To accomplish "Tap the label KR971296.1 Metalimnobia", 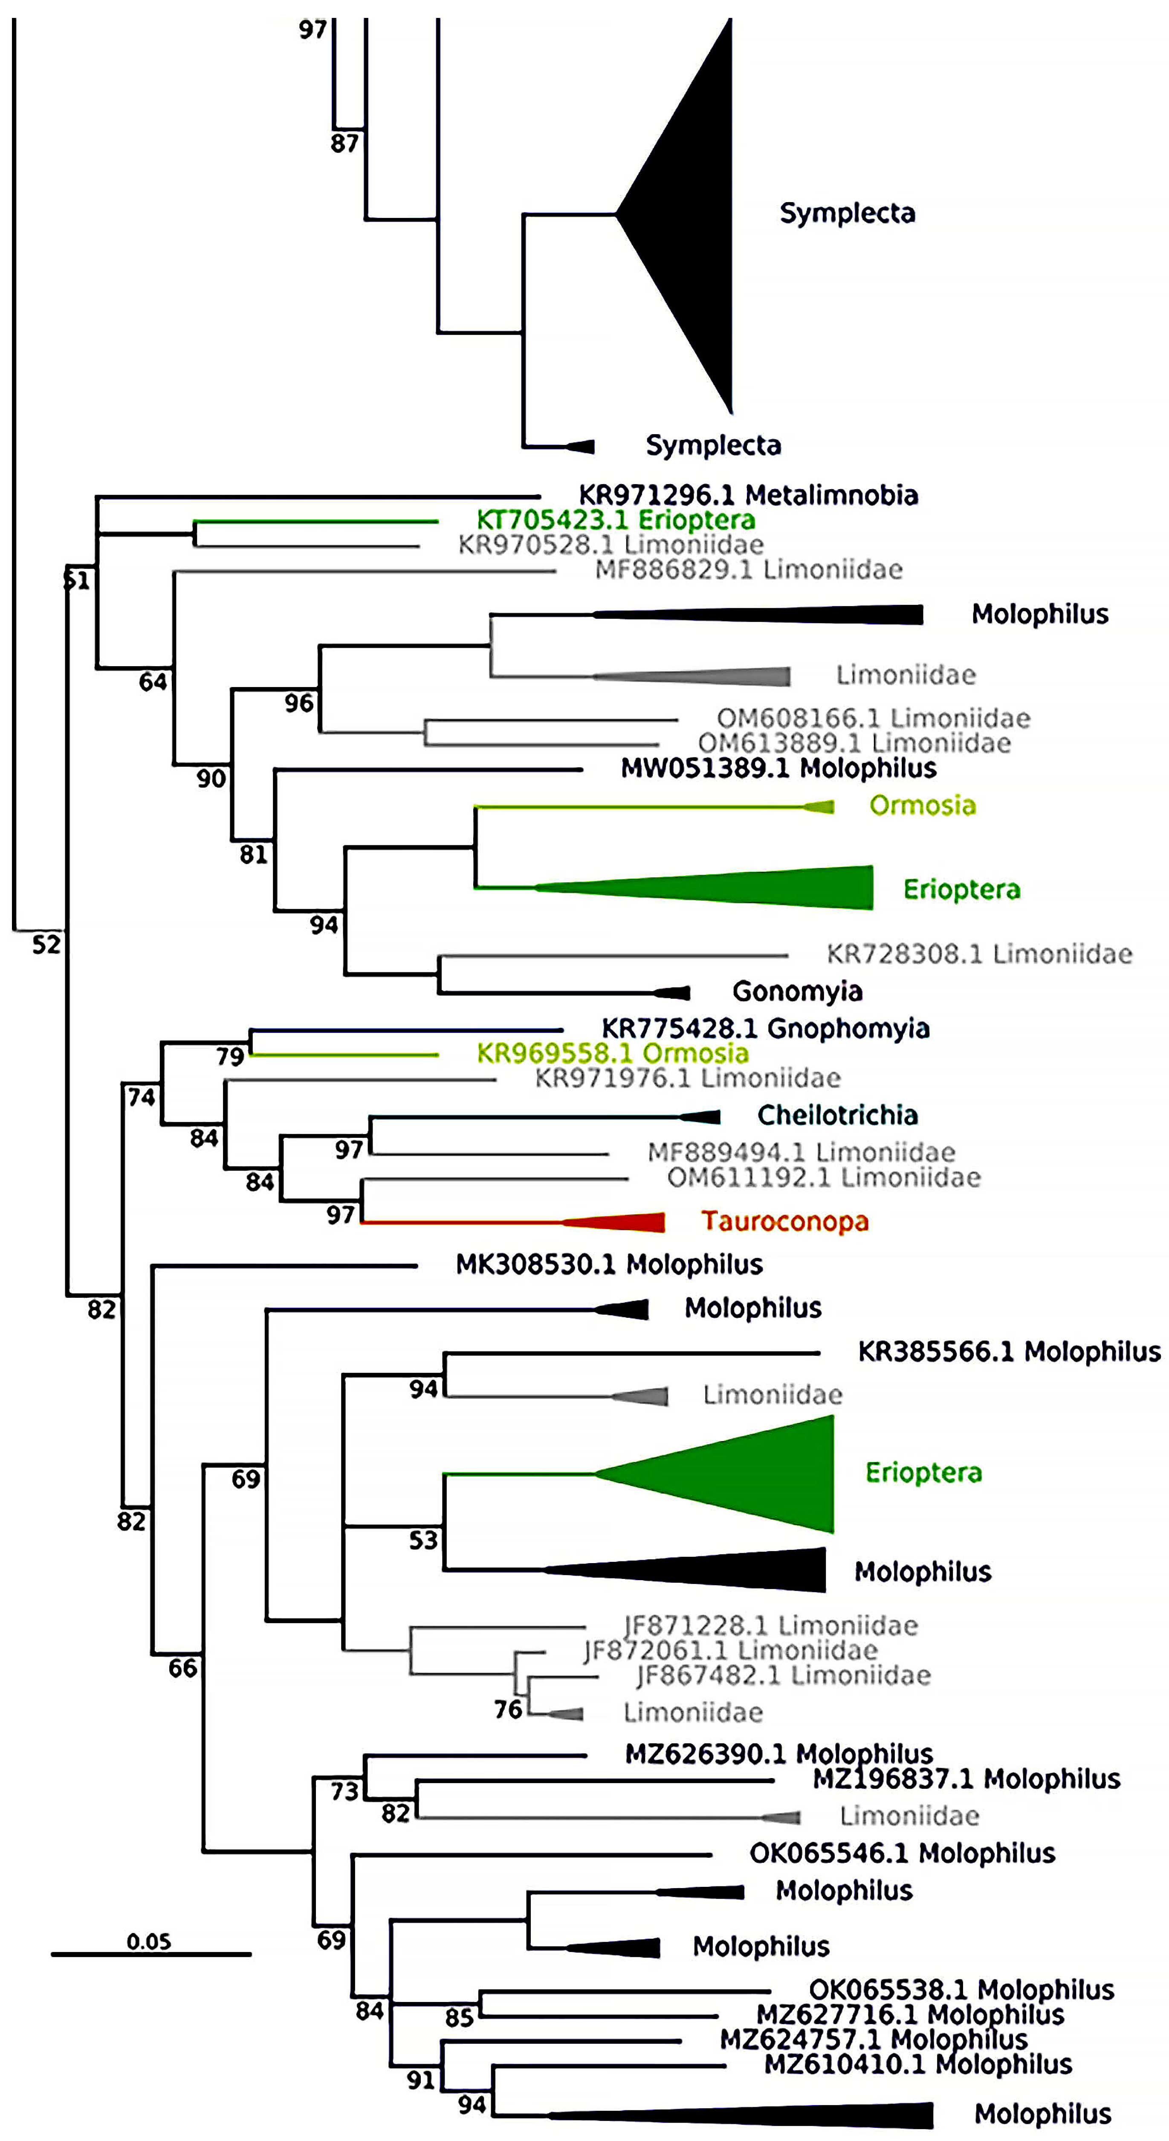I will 748,495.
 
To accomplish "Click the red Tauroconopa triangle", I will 623,1222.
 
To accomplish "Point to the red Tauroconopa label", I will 784,1221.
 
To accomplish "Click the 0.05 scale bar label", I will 149,1941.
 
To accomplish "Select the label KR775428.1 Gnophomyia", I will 764,1029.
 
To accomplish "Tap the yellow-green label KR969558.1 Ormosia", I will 612,1054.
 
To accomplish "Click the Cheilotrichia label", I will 836,1115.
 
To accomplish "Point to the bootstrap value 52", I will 46,944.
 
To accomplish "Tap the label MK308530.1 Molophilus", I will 609,1265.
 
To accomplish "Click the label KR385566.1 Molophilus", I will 1009,1352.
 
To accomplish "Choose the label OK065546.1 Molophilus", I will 901,1854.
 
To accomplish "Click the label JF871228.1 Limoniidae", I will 771,1626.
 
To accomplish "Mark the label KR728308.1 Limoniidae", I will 979,954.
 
